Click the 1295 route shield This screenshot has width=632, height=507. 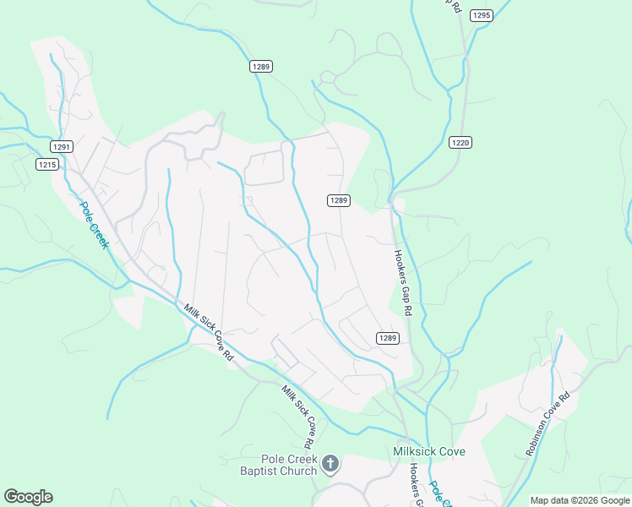pyautogui.click(x=482, y=15)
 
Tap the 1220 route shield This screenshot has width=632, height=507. pyautogui.click(x=460, y=142)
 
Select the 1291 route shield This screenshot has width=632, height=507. pyautogui.click(x=61, y=146)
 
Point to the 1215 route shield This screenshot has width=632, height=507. pyautogui.click(x=47, y=164)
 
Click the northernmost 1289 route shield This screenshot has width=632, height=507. pyautogui.click(x=260, y=67)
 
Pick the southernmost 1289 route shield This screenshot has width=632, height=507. pyautogui.click(x=387, y=338)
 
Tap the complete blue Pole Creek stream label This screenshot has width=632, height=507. pyautogui.click(x=95, y=224)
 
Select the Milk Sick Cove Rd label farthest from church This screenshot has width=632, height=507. pyautogui.click(x=205, y=334)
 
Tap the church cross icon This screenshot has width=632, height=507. pyautogui.click(x=330, y=463)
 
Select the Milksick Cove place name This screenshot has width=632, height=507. pyautogui.click(x=429, y=451)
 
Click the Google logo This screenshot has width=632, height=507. pyautogui.click(x=28, y=497)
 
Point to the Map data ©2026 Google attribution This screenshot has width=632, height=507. pyautogui.click(x=580, y=500)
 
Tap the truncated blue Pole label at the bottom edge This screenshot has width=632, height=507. pyautogui.click(x=436, y=492)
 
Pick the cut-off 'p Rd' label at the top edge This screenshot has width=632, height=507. pyautogui.click(x=455, y=5)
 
